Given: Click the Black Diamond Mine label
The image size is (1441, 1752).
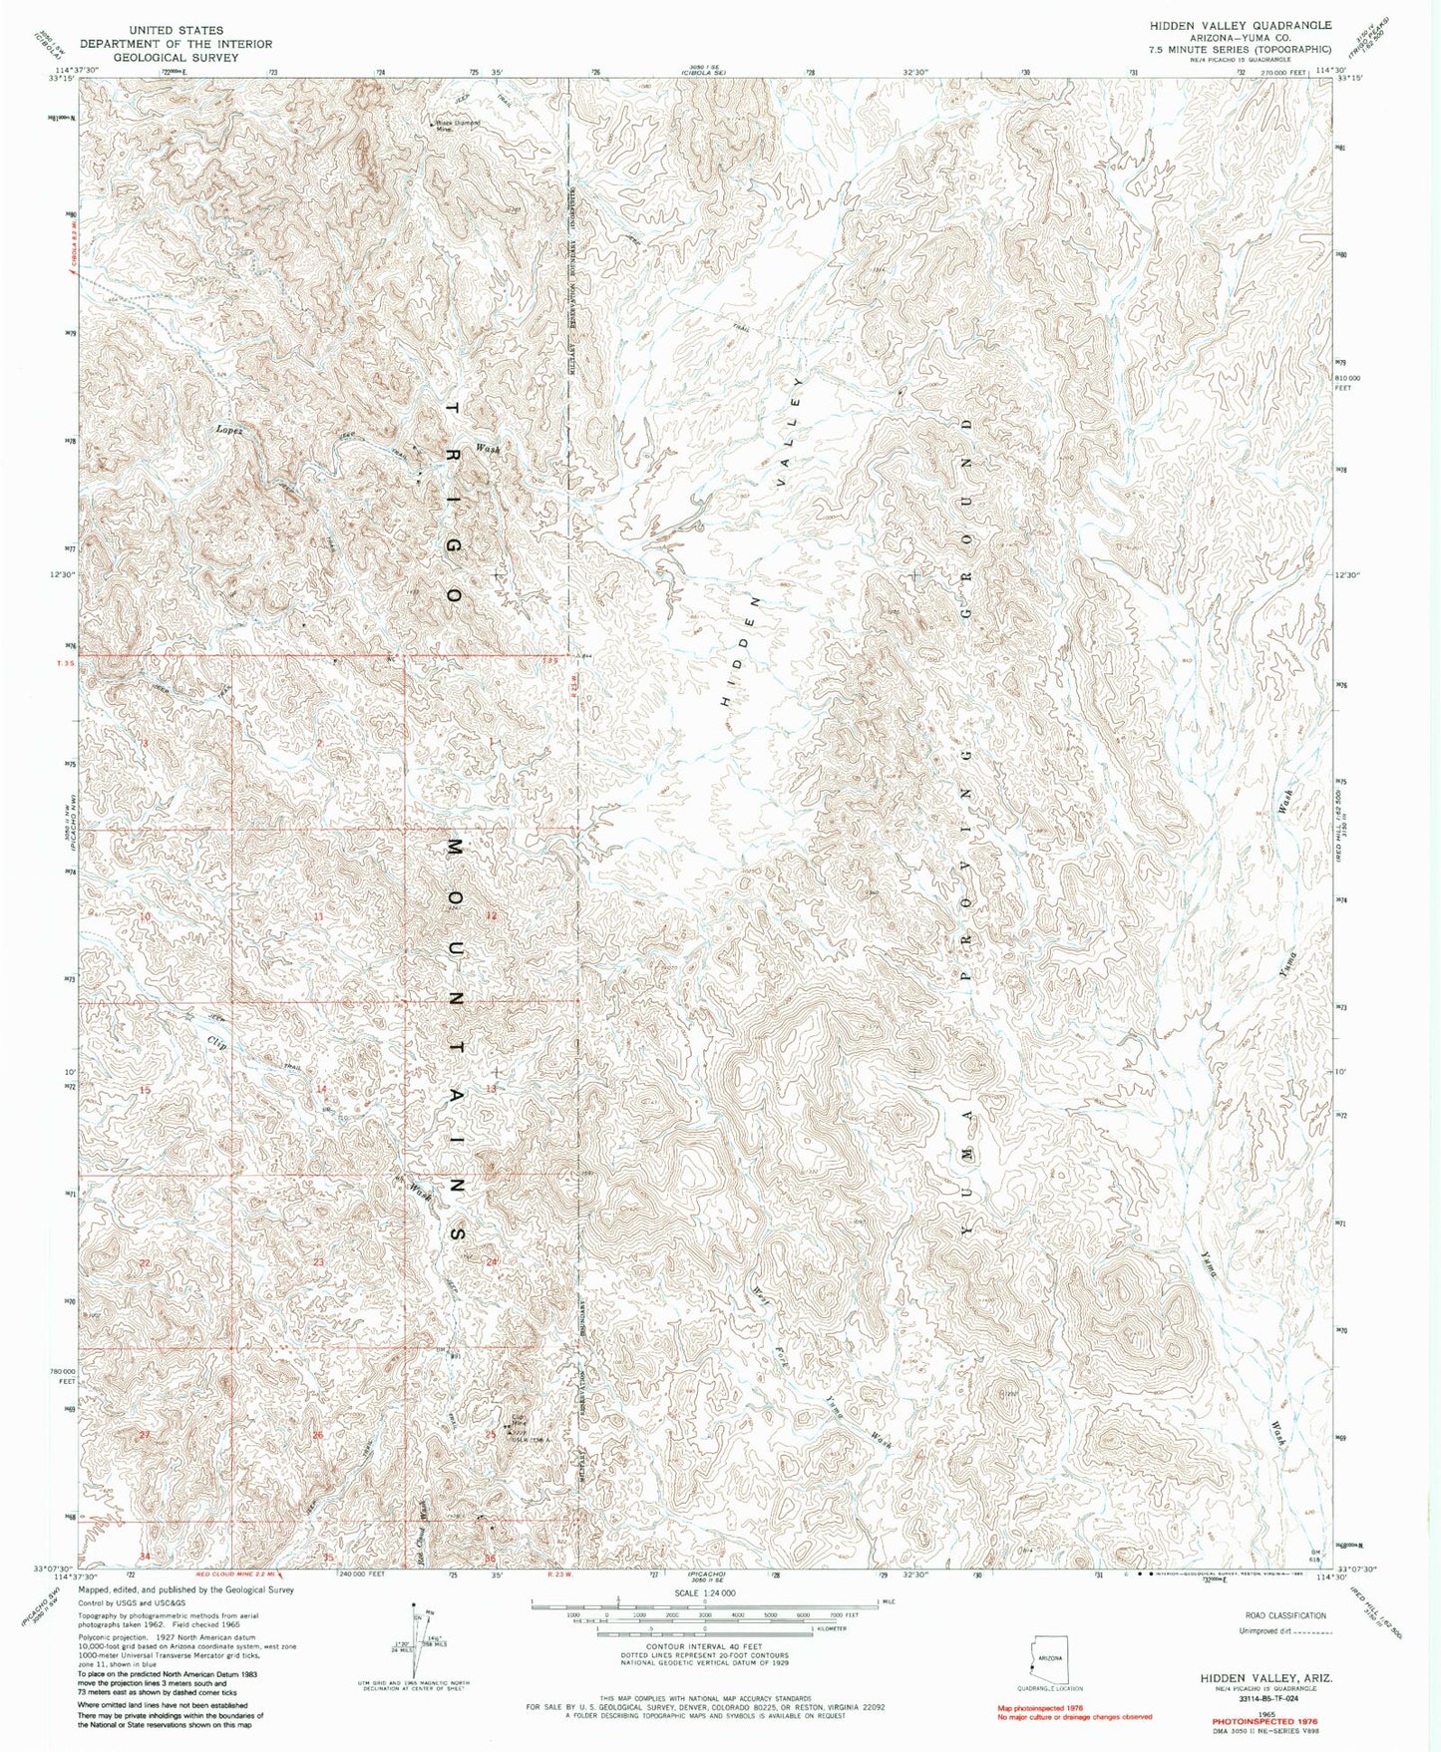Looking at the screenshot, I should pyautogui.click(x=457, y=126).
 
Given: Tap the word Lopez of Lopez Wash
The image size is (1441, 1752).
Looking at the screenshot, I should pyautogui.click(x=229, y=430).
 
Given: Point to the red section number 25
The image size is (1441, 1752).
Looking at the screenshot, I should pyautogui.click(x=490, y=1435).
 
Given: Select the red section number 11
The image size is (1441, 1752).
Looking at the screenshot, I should pyautogui.click(x=318, y=915).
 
